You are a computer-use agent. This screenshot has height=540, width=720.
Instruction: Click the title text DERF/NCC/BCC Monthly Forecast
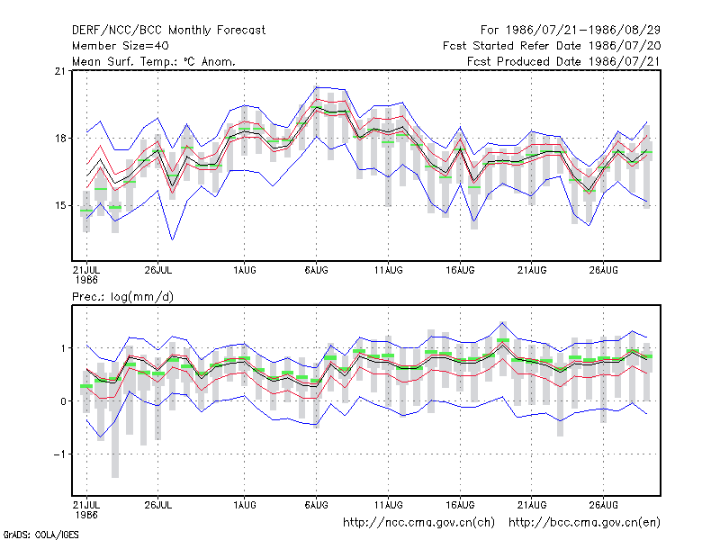point(168,31)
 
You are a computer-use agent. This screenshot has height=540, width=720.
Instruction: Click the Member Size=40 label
point(121,46)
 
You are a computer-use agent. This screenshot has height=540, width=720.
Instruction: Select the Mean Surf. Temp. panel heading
point(153,61)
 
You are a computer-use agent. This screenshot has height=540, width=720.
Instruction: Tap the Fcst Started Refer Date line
point(552,46)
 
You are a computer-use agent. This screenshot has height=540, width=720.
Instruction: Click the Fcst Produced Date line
point(563,61)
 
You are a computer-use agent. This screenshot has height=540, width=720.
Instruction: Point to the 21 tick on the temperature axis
point(60,71)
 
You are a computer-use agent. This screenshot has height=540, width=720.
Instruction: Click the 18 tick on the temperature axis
point(60,139)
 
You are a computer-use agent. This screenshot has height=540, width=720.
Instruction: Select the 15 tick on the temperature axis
point(60,205)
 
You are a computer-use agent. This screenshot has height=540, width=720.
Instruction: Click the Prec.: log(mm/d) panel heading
point(122,297)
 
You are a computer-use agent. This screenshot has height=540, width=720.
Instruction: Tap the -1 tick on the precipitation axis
point(59,454)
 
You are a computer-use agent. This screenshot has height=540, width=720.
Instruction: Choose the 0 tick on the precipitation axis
point(63,401)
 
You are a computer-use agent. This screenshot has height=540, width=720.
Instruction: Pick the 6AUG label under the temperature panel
point(317,270)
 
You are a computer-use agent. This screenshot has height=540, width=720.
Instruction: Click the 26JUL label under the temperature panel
point(158,270)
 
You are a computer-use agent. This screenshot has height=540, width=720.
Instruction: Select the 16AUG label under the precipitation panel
point(460,505)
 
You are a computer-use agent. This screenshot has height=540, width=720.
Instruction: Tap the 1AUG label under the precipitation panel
point(244,505)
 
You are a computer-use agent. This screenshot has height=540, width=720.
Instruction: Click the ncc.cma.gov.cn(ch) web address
point(418,523)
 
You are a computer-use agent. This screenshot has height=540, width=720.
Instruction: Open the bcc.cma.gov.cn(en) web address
point(584,523)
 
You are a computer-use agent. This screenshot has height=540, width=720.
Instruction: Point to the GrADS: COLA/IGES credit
point(40,535)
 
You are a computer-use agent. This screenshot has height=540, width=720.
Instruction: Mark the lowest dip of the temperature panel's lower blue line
point(172,239)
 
